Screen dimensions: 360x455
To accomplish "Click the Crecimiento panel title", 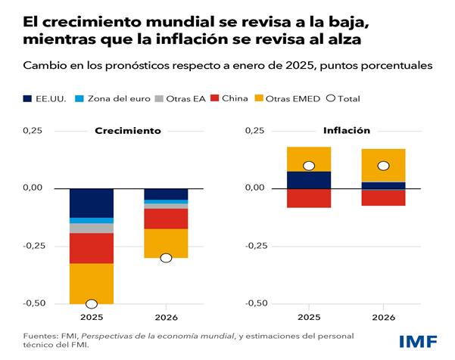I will pyautogui.click(x=127, y=131).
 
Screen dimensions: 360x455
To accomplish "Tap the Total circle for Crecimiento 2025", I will pyautogui.click(x=92, y=303).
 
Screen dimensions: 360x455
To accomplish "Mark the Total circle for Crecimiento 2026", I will pyautogui.click(x=166, y=258).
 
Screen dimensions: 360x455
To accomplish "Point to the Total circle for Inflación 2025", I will pyautogui.click(x=309, y=166).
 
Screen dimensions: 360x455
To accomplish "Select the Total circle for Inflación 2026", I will pyautogui.click(x=383, y=166).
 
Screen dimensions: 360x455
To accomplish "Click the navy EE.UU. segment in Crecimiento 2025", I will pyautogui.click(x=92, y=202).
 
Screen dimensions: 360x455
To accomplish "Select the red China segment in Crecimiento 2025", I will pyautogui.click(x=92, y=248).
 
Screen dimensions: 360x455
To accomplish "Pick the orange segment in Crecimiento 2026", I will pyautogui.click(x=166, y=243).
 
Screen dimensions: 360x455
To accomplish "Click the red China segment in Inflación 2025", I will pyautogui.click(x=309, y=197).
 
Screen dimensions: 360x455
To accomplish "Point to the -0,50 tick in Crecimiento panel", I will pyautogui.click(x=32, y=303).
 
